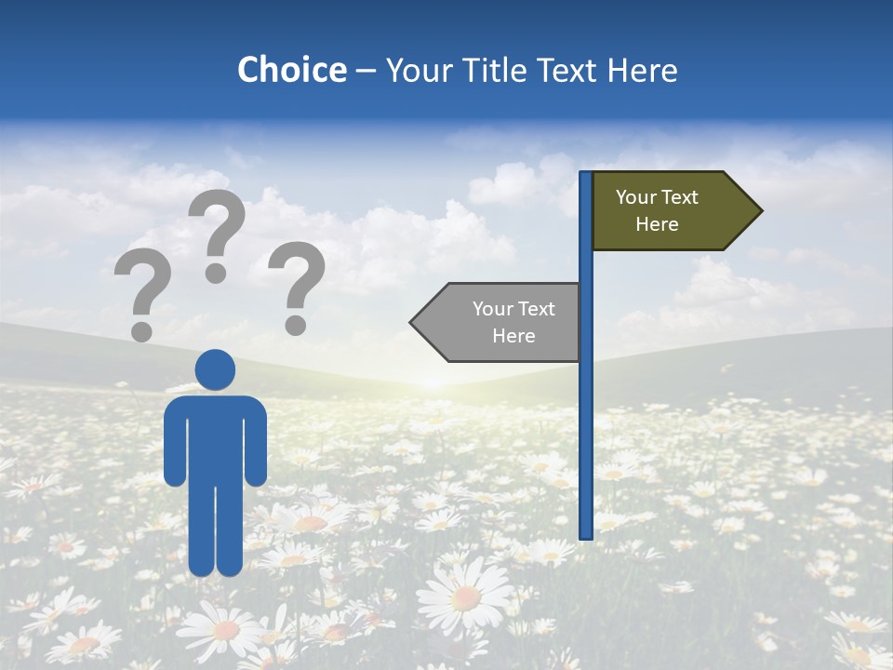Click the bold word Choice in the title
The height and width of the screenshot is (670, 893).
[x=291, y=70]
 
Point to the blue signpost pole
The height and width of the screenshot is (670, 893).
[x=586, y=372]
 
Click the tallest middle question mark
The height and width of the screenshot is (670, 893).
[x=219, y=228]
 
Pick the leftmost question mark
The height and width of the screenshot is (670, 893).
[x=142, y=288]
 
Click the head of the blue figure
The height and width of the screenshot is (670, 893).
[x=215, y=369]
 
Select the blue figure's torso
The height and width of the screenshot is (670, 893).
[x=215, y=437]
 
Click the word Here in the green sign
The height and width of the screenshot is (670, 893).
[x=657, y=224]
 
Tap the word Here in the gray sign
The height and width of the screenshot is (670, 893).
[x=513, y=336]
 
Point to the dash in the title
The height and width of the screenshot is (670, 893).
[x=366, y=71]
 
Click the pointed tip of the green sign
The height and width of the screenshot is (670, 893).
[x=760, y=211]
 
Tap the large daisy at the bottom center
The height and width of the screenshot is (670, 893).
[x=465, y=596]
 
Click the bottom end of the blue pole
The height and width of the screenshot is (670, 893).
[x=586, y=535]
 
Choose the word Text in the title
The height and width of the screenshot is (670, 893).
[x=570, y=70]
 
